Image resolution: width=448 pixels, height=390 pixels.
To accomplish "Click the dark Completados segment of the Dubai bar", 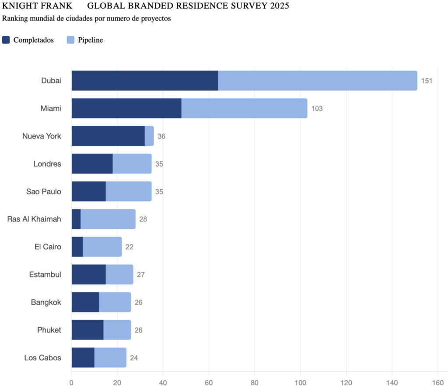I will [x=144, y=81].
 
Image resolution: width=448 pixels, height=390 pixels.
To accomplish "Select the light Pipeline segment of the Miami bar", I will [x=244, y=108].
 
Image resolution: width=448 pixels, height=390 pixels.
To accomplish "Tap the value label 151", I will [x=427, y=81].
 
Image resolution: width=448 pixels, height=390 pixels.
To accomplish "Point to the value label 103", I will [x=317, y=109].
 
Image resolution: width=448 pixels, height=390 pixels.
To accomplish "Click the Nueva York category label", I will [x=42, y=136].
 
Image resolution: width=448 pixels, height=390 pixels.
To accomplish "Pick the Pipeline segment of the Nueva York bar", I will [x=149, y=136].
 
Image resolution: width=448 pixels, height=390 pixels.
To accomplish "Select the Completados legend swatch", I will [x=6, y=40].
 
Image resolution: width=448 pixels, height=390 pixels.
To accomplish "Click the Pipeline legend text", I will [x=91, y=40].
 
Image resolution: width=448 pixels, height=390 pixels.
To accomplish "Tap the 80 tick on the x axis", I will [x=255, y=382].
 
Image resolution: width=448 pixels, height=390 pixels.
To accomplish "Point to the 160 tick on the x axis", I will [x=438, y=382].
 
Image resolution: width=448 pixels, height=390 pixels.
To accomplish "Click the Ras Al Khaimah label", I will [x=34, y=219].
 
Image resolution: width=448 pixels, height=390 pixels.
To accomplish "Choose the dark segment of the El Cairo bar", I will [x=77, y=247].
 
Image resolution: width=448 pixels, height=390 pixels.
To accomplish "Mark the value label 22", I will [x=129, y=247].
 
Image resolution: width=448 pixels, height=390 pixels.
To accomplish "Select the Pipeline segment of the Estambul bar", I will [x=119, y=275].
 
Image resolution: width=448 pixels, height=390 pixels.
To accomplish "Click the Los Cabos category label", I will [x=42, y=358].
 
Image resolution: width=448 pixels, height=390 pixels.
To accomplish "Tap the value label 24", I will [x=134, y=358].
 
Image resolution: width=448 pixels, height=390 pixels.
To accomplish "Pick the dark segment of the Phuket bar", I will [x=87, y=330].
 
